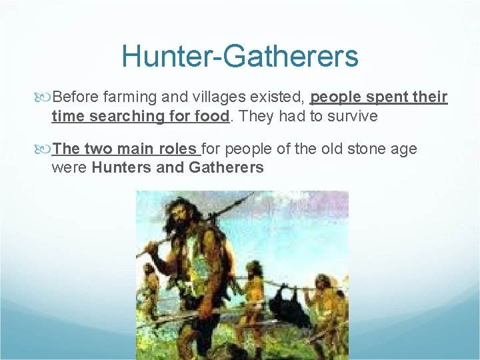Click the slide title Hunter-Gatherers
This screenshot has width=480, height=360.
[240, 56]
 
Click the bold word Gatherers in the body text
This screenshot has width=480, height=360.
[226, 167]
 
